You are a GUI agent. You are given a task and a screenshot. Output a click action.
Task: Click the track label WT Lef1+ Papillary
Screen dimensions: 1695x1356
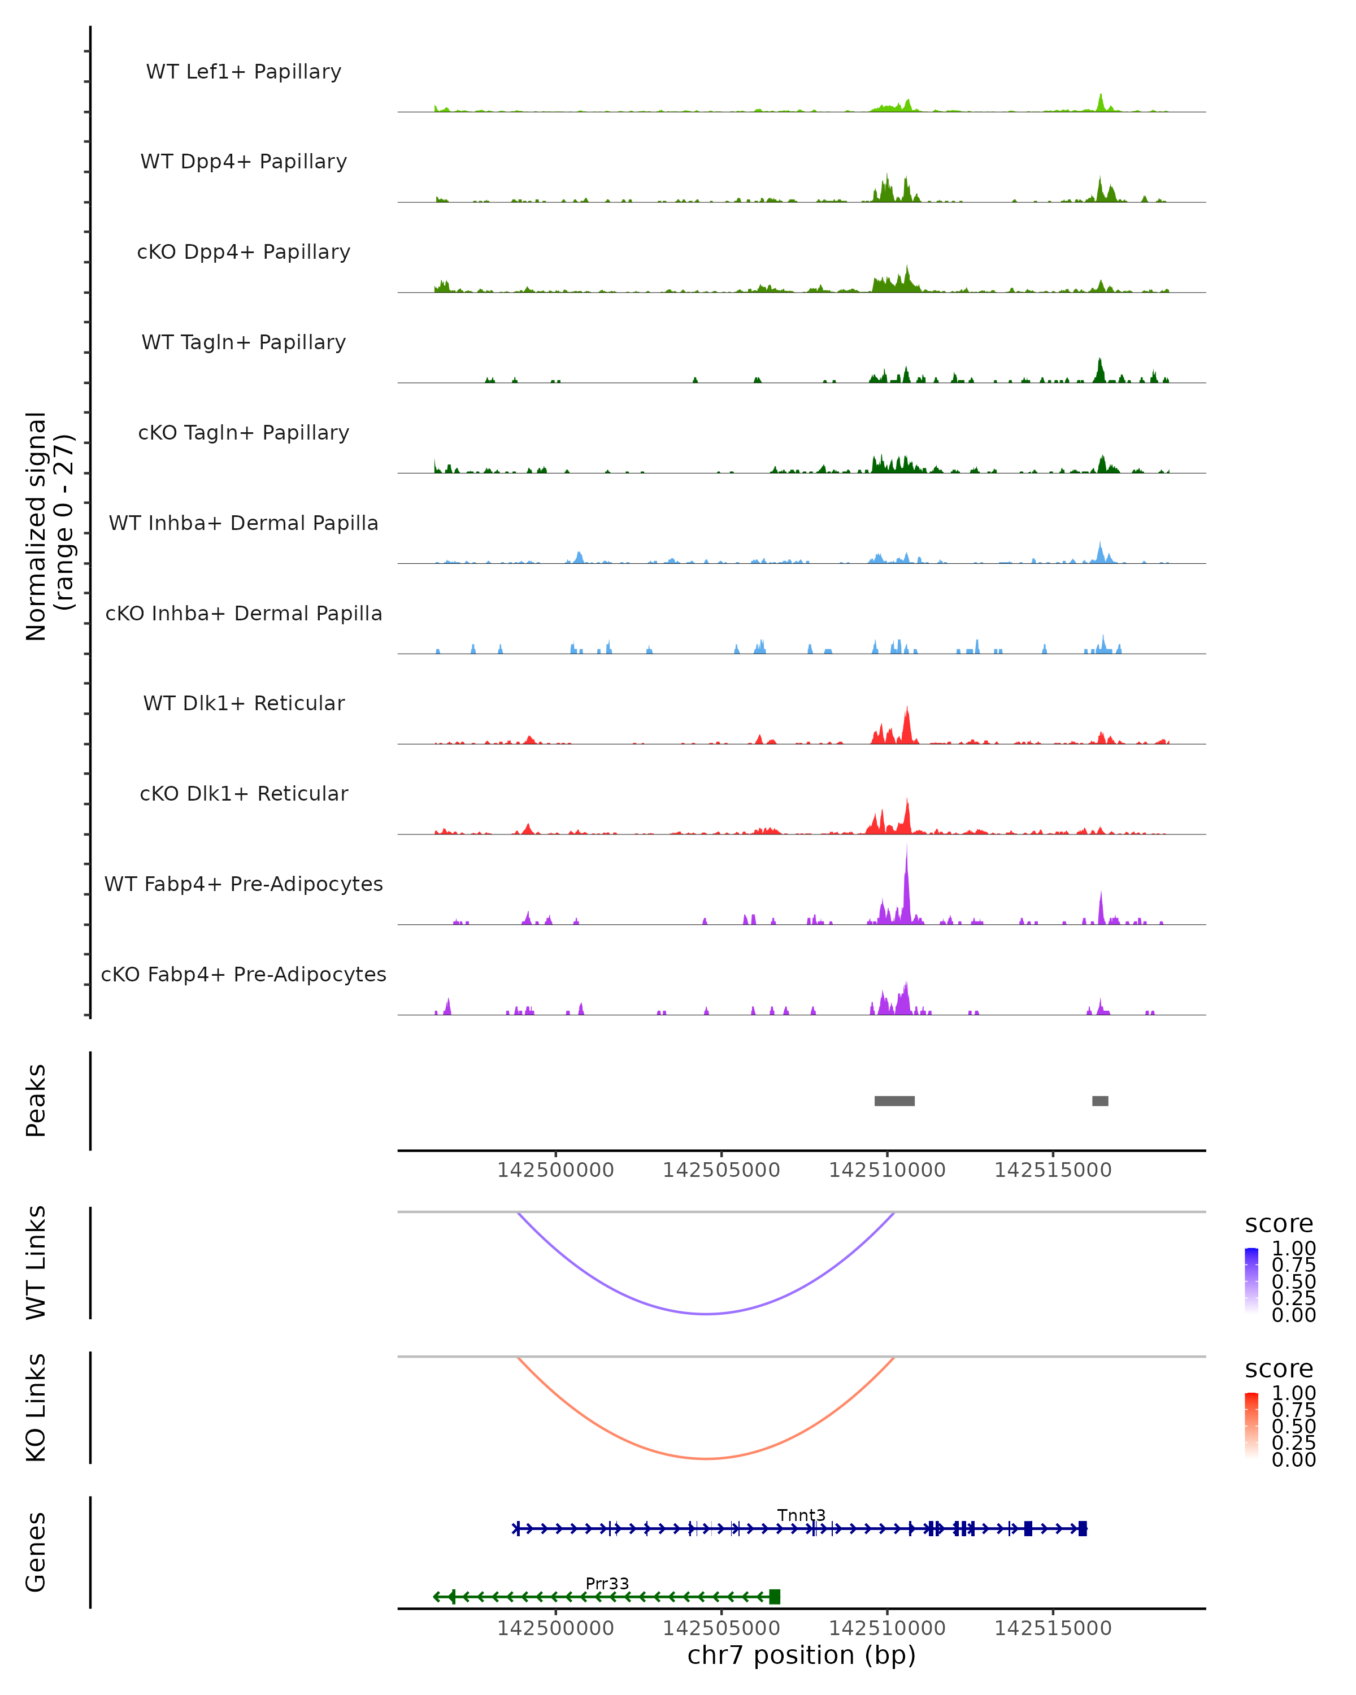coord(244,72)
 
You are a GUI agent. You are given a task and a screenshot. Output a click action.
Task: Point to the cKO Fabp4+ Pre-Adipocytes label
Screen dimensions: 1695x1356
coord(244,974)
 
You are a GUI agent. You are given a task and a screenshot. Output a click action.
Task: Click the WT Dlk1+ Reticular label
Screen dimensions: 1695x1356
coord(244,703)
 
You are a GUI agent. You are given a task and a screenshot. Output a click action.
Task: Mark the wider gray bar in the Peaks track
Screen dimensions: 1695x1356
coord(894,1101)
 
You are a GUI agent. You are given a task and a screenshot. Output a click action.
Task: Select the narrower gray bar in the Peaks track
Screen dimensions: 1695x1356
coord(1099,1101)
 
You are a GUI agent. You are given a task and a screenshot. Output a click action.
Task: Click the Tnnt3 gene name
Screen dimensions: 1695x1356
coord(801,1515)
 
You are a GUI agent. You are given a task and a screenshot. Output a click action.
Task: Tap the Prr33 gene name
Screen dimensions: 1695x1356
coord(607,1583)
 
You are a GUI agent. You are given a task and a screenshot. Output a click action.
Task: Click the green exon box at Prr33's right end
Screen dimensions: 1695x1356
coord(774,1597)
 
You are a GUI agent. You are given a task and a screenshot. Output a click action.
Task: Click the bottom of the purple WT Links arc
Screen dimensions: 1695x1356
coord(707,1314)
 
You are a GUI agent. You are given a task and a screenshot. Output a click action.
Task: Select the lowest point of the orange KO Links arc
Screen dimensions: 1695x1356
coord(707,1458)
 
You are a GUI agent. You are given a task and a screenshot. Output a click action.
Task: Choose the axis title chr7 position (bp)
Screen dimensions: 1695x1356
coord(801,1655)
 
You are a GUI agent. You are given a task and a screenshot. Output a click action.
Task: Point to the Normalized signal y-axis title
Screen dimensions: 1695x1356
coord(49,526)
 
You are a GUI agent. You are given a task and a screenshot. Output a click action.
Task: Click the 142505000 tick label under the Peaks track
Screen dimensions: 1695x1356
coord(721,1170)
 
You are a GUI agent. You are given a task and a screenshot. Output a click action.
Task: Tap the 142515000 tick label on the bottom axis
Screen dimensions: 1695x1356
coord(1053,1627)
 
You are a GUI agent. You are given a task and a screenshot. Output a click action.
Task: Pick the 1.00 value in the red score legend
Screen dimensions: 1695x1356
coord(1293,1392)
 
